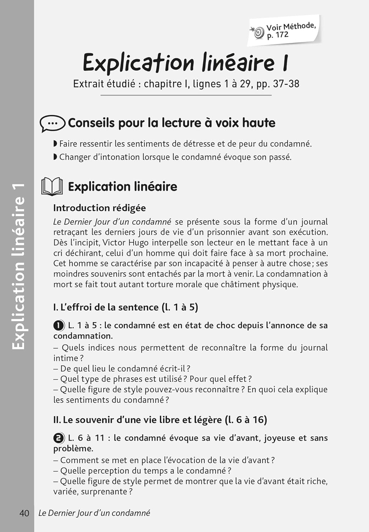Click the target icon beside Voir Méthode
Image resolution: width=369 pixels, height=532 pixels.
(x=258, y=32)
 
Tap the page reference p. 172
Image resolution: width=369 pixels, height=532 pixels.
(x=278, y=35)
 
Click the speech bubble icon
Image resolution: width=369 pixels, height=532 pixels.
(x=52, y=123)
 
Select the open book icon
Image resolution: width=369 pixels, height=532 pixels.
(x=52, y=187)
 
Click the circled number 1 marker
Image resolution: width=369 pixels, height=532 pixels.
(x=59, y=325)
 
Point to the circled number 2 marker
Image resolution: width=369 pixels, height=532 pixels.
(x=59, y=438)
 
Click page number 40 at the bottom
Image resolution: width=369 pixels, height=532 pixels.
(x=24, y=513)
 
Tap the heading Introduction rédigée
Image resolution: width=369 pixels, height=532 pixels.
(x=99, y=208)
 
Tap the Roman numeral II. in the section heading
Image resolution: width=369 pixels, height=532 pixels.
(x=57, y=420)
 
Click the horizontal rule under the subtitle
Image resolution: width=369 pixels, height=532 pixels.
(x=186, y=95)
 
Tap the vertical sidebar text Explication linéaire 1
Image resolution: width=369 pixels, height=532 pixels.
(x=18, y=266)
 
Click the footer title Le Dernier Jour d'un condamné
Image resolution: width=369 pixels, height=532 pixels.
(x=94, y=513)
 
